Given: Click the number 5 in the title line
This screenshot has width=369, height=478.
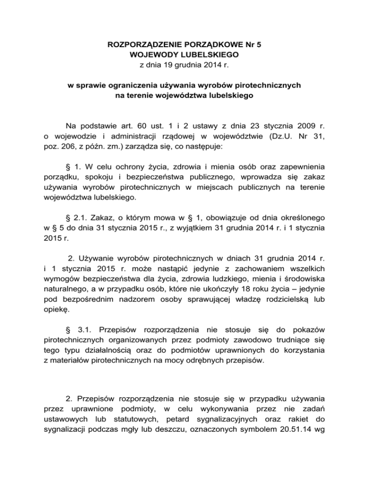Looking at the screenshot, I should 259,46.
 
